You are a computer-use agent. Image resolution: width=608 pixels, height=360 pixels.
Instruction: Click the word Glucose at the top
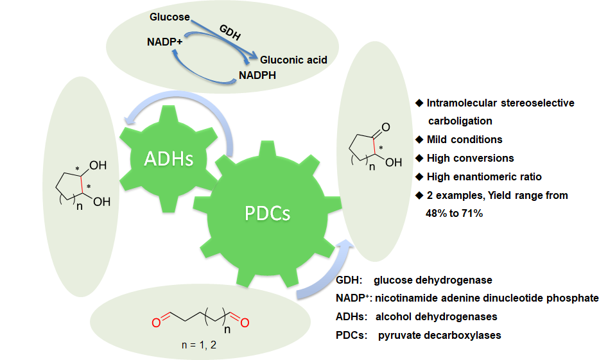point(169,17)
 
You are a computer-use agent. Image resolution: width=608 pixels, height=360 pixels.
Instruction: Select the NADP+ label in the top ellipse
point(164,42)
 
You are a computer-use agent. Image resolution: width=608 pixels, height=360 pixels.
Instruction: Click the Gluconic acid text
point(293,60)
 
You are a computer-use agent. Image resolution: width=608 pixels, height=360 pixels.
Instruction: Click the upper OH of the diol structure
point(98,166)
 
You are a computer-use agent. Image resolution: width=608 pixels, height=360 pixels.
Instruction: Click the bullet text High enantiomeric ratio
point(489,176)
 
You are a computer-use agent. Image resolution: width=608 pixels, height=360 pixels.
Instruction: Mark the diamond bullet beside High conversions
point(419,158)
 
